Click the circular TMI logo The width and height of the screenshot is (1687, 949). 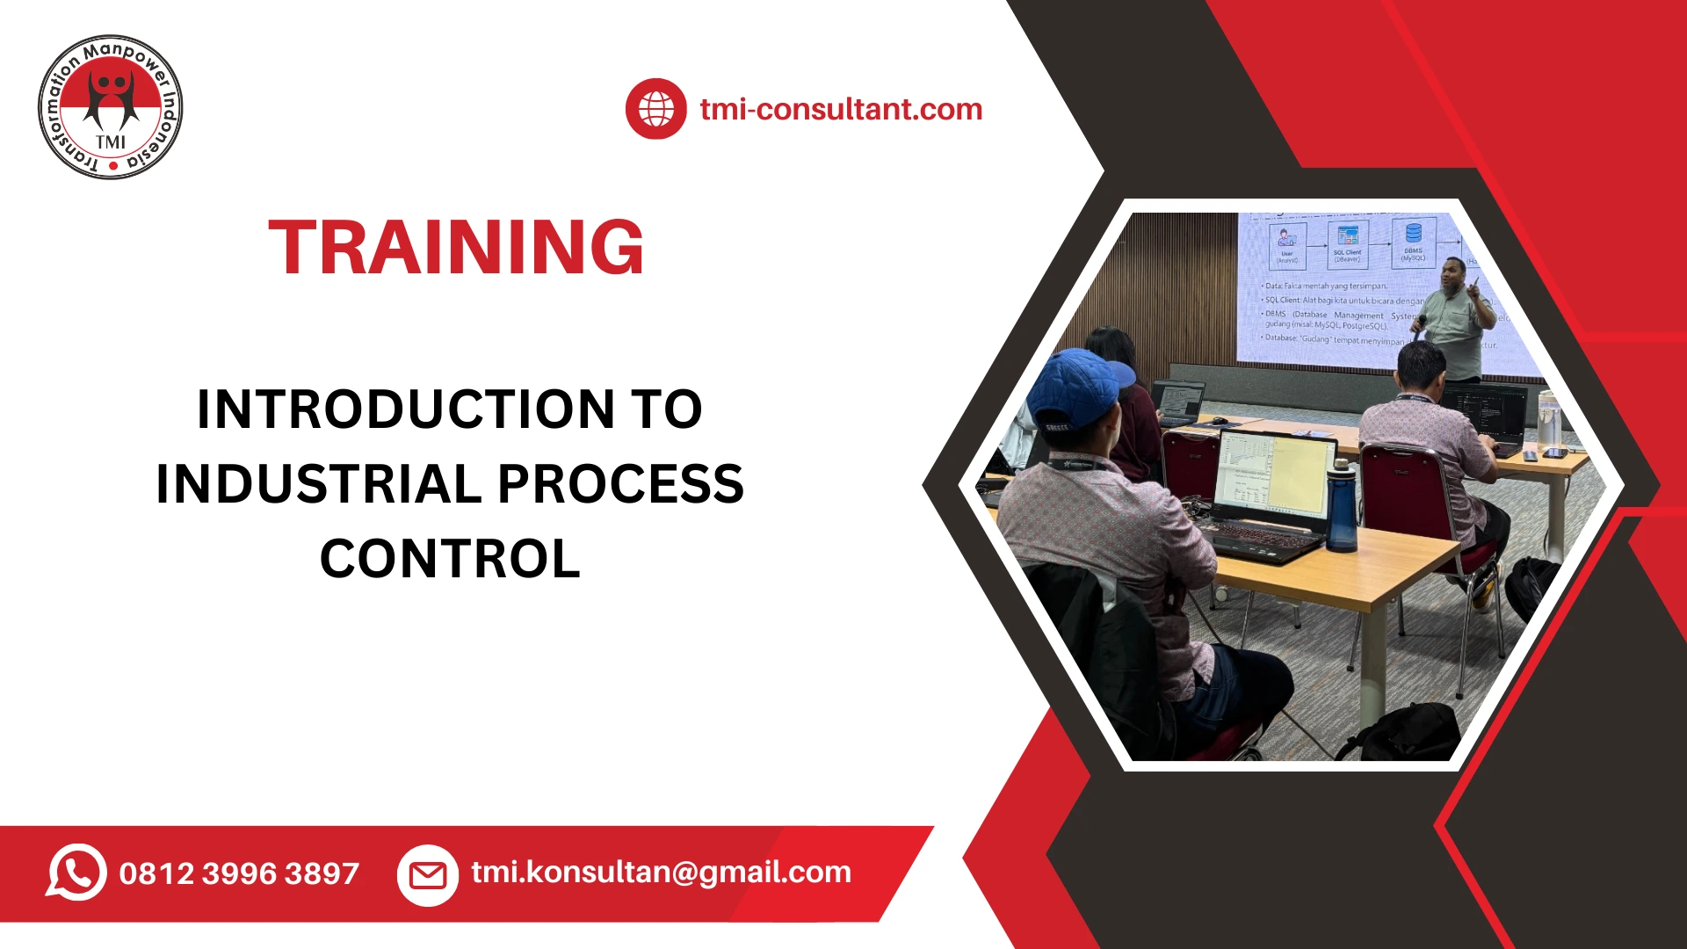111,107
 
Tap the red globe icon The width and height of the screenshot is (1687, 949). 655,109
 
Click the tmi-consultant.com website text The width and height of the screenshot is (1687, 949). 841,109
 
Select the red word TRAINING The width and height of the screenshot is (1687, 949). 456,248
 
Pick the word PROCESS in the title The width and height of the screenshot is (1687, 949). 620,484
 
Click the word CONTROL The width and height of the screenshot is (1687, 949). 450,559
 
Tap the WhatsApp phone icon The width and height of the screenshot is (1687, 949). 77,872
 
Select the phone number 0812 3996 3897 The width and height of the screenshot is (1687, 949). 239,873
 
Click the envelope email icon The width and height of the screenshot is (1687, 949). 428,874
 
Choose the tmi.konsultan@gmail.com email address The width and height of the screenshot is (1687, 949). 661,872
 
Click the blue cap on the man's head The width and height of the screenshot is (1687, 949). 1079,387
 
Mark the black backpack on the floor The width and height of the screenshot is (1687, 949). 1406,734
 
